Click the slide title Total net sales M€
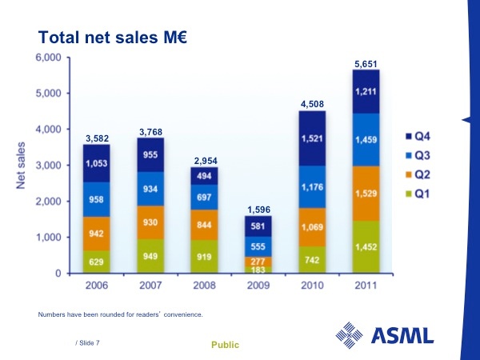click(112, 37)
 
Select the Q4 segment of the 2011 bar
click(366, 91)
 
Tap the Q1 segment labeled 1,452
click(366, 248)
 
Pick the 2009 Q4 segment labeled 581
click(258, 226)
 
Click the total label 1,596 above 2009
click(258, 210)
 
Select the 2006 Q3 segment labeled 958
click(96, 199)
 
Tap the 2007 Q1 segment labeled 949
click(150, 256)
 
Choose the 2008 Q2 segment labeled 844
click(203, 224)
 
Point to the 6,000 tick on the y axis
click(49, 58)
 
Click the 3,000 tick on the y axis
click(49, 166)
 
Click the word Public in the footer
click(225, 344)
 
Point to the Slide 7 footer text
click(87, 342)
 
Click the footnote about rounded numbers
click(120, 314)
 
